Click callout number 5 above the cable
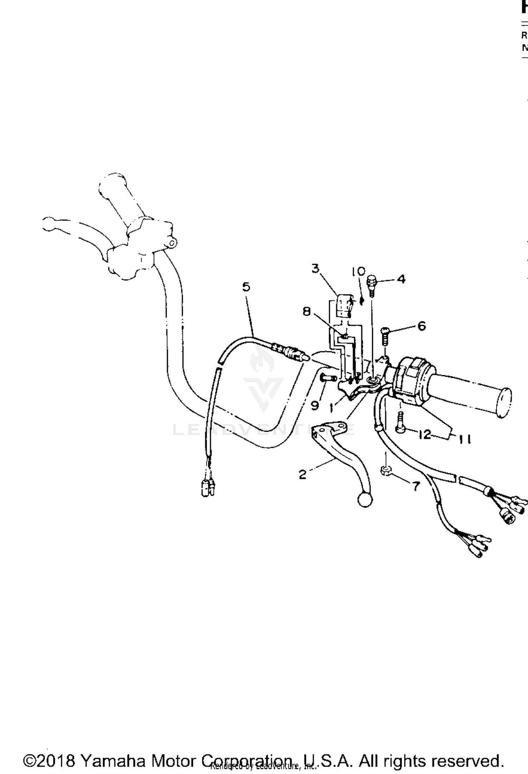click(x=246, y=287)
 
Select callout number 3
click(x=315, y=268)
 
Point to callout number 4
click(x=401, y=279)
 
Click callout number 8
click(x=307, y=311)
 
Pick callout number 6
click(x=421, y=326)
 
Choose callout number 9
click(x=315, y=405)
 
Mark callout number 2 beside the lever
click(x=302, y=474)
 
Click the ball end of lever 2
click(x=365, y=500)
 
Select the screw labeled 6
click(x=384, y=336)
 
